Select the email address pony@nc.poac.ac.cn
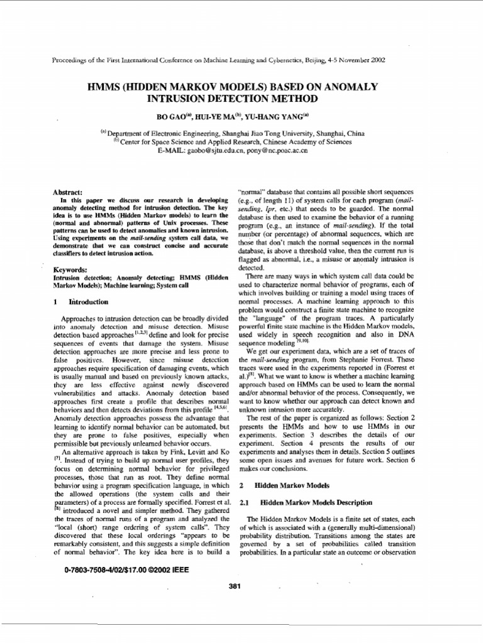tap(279, 151)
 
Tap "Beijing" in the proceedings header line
tap(316, 60)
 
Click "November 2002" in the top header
tap(361, 60)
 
